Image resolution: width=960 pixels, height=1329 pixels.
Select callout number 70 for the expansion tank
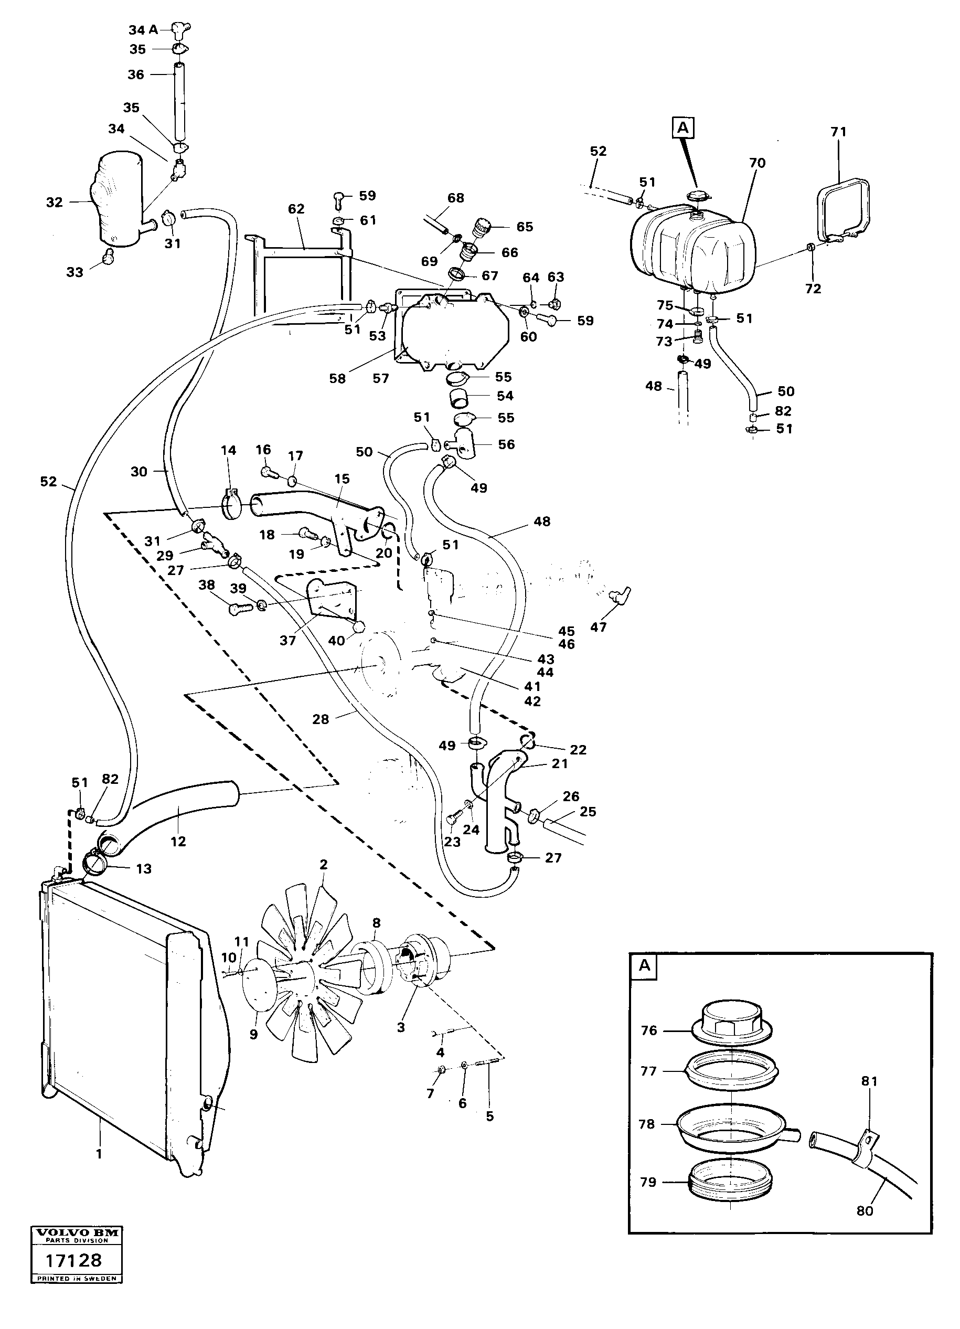click(x=758, y=163)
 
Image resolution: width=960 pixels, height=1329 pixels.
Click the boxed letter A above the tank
click(x=683, y=127)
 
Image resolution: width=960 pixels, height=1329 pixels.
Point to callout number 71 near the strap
click(x=839, y=132)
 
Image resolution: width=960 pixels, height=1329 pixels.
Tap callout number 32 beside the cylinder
click(x=55, y=202)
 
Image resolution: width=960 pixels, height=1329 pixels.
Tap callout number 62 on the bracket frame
click(x=296, y=209)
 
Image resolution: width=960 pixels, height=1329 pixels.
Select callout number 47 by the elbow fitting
click(x=598, y=627)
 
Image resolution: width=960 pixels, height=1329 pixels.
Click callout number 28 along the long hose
click(x=321, y=719)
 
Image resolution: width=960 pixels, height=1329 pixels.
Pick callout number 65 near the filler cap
click(x=525, y=227)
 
